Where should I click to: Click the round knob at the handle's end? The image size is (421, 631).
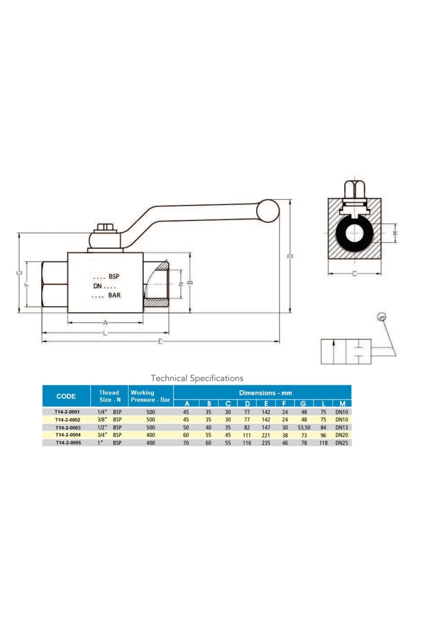point(268,211)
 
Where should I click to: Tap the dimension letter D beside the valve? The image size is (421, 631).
point(290,256)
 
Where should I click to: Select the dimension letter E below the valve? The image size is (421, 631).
point(160,341)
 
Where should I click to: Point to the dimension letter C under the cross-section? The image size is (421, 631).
point(354,273)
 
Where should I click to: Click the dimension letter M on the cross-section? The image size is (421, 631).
point(395,233)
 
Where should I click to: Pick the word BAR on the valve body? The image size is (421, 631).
point(114,295)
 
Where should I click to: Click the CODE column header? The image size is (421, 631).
point(66,396)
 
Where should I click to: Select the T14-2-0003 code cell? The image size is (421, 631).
point(68,428)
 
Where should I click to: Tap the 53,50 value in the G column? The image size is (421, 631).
point(304,428)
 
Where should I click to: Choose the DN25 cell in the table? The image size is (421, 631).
point(342,443)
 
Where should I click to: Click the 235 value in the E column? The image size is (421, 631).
point(266,443)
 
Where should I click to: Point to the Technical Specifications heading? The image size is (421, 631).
point(197,378)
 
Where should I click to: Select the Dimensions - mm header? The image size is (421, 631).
point(266,393)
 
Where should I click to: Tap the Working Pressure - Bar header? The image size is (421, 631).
point(150,396)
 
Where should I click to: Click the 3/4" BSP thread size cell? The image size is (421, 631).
point(109,435)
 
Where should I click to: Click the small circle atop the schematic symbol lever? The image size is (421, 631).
point(382,317)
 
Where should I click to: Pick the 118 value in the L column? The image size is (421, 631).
point(323,443)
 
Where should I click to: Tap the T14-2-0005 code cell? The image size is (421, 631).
point(68,443)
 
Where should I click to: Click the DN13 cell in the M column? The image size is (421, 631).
point(342,428)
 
